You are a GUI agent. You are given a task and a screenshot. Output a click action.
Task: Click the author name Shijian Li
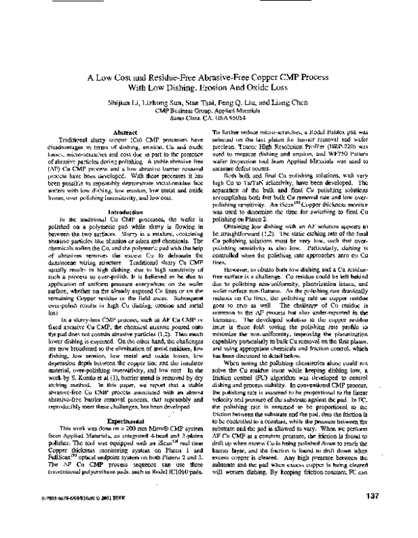click(x=146, y=102)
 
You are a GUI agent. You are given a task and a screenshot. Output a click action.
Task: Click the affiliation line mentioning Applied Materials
click(x=208, y=110)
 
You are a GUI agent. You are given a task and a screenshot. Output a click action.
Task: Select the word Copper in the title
click(x=270, y=78)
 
